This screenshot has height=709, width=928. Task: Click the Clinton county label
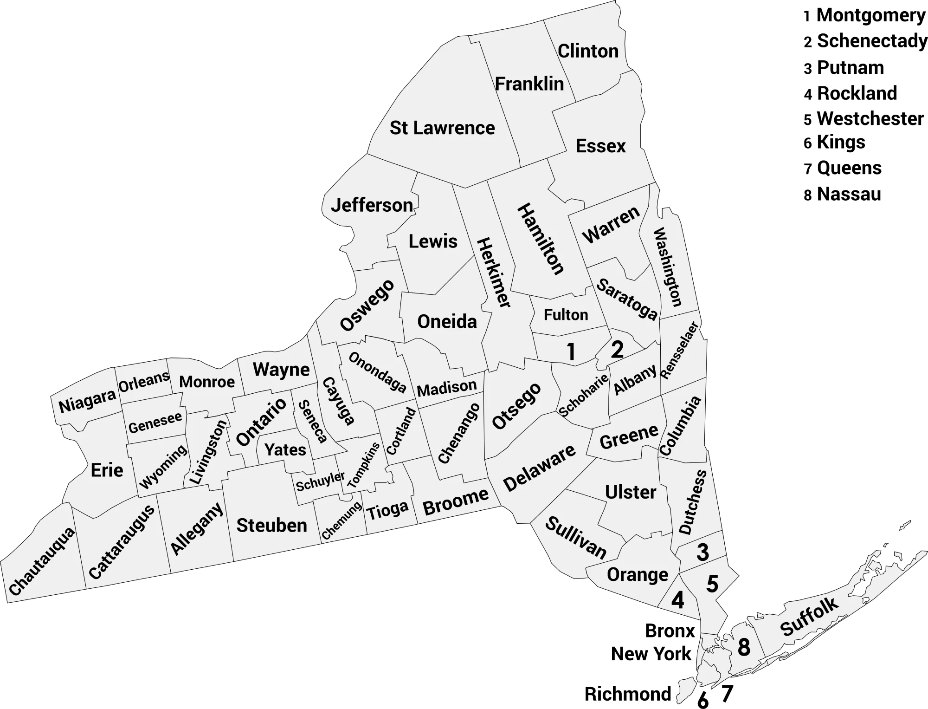(588, 51)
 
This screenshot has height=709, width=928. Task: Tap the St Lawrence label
(442, 128)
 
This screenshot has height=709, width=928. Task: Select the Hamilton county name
(541, 239)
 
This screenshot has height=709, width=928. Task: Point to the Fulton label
(566, 315)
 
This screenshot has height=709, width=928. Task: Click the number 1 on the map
(571, 352)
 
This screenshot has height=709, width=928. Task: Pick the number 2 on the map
(617, 350)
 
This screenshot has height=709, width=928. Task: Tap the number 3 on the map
(702, 552)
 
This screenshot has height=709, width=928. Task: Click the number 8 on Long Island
(743, 647)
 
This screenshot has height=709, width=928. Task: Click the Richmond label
(627, 694)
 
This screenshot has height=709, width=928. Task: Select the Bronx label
(670, 631)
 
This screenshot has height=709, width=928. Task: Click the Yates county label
(285, 449)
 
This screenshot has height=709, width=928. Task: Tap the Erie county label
(107, 470)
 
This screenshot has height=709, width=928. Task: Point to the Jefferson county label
(372, 205)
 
